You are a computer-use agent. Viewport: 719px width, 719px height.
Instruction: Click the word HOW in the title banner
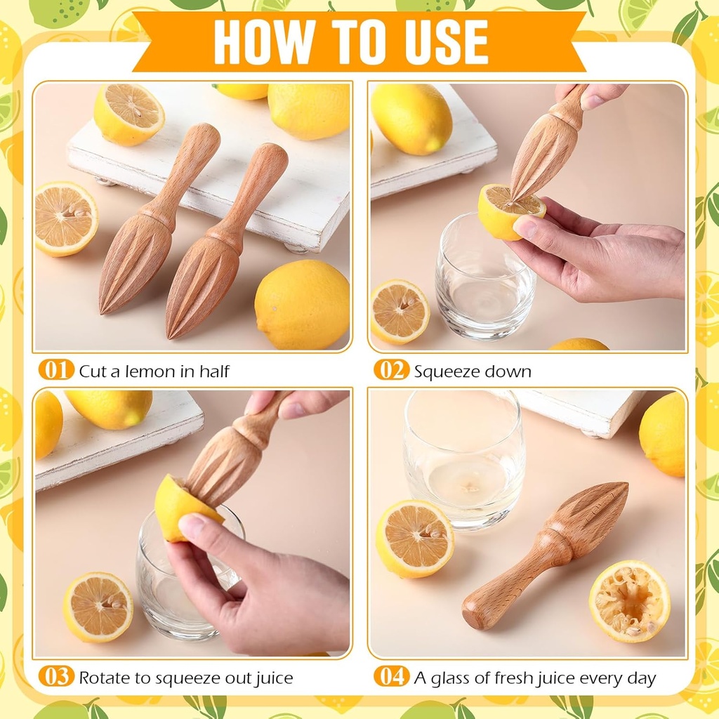257,41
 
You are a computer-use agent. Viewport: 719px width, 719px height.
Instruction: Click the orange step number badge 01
55,370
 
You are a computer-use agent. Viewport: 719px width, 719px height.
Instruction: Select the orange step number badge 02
391,370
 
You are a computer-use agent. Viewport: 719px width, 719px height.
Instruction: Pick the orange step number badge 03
55,677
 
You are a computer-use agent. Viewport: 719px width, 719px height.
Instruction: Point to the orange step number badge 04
391,677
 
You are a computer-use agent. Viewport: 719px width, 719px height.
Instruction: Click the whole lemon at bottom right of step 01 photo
302,304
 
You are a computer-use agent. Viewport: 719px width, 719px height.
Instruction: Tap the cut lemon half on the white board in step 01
129,114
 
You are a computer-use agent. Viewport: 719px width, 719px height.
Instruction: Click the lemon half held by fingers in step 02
510,210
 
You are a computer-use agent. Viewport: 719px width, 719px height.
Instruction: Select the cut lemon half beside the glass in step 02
400,311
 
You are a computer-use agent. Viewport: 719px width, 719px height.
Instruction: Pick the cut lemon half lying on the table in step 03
98,607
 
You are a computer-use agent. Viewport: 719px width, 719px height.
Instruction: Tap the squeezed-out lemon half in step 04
629,601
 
